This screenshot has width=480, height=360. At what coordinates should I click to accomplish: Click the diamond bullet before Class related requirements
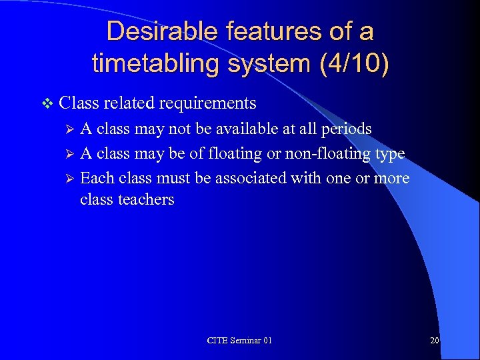point(46,103)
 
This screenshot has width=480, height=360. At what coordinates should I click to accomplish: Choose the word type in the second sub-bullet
point(390,154)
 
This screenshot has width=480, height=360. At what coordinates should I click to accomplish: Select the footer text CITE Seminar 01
point(239,341)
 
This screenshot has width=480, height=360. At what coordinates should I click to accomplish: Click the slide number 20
point(434,341)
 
